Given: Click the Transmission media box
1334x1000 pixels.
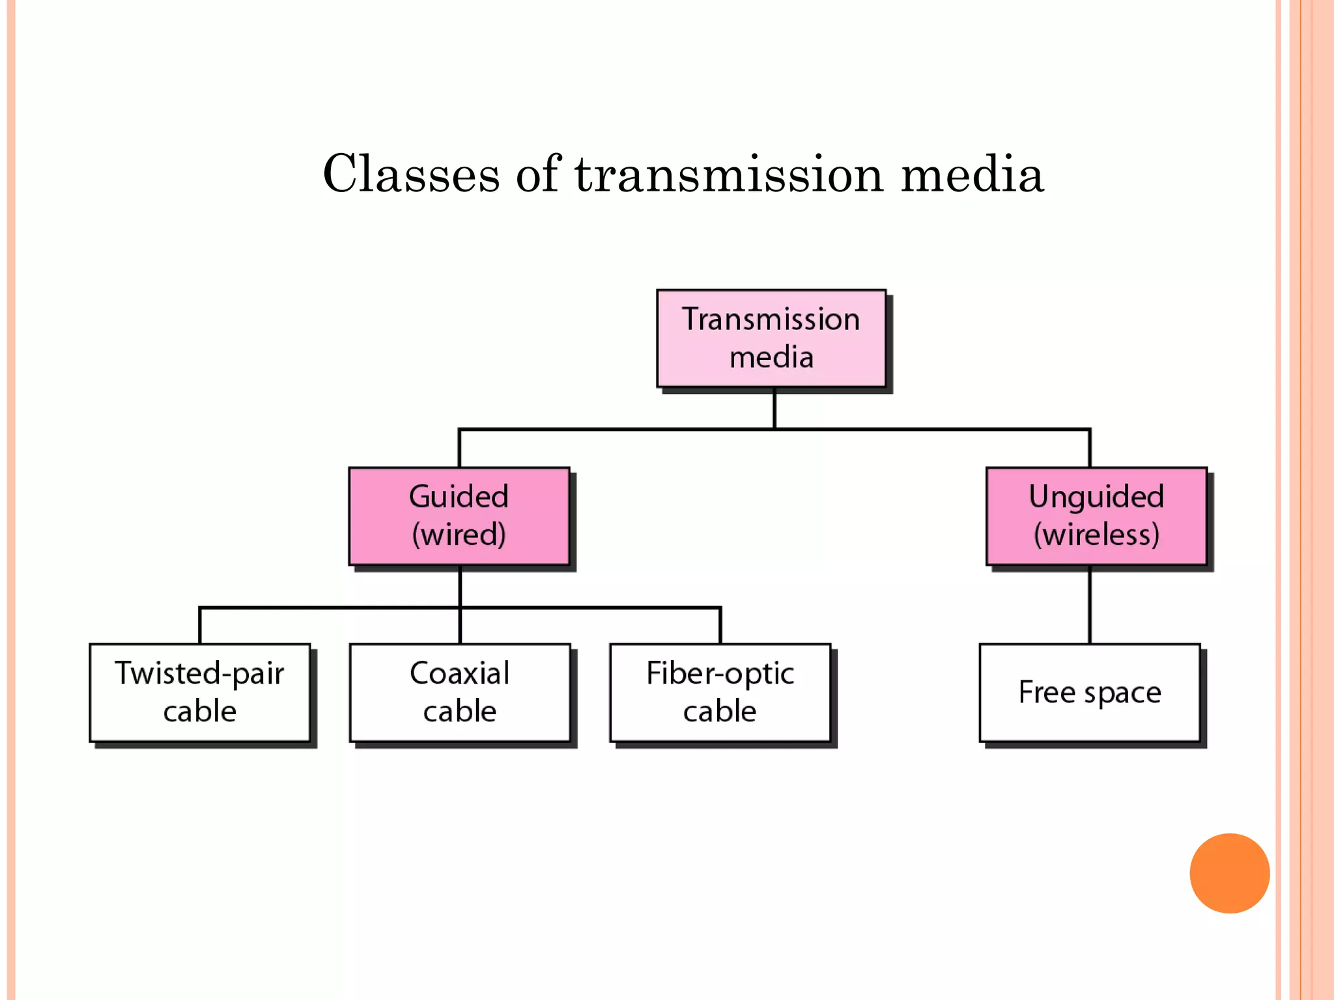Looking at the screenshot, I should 771,339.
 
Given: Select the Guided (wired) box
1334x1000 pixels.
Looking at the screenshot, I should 459,516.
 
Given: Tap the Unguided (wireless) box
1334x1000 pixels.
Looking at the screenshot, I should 1096,516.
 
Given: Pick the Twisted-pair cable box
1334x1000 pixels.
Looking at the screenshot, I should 200,693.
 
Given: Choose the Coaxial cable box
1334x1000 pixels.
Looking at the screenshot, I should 460,693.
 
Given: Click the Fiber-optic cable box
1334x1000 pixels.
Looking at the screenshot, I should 720,693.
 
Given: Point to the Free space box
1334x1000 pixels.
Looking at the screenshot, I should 1090,693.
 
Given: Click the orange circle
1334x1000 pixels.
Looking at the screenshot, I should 1229,873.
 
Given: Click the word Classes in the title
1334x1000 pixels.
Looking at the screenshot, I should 411,174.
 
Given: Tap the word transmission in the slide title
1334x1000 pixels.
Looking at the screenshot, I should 729,174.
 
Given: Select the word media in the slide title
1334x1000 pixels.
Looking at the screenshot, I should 972,174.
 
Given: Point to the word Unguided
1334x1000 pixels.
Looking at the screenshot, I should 1096,497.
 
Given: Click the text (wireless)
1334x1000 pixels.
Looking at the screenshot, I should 1096,535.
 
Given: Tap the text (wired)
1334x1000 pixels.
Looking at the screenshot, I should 459,535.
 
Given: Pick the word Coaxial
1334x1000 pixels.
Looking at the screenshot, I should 460,673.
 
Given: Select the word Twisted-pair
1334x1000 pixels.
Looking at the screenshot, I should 200,673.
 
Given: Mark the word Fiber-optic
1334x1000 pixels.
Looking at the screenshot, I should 720,673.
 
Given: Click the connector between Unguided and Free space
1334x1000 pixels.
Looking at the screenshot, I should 1090,605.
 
